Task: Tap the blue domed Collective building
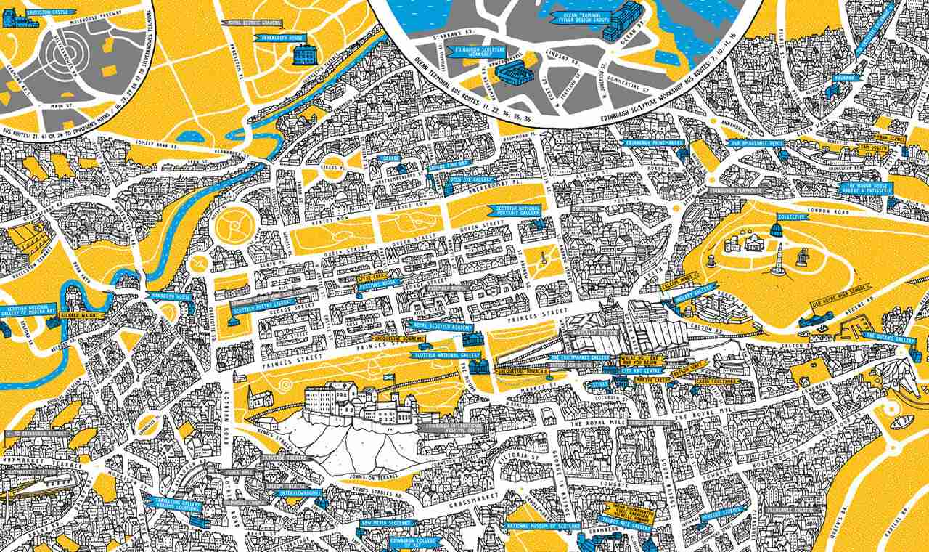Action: (x=776, y=231)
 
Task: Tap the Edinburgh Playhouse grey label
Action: (x=732, y=191)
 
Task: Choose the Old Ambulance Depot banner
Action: (x=756, y=143)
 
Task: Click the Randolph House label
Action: (x=170, y=296)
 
